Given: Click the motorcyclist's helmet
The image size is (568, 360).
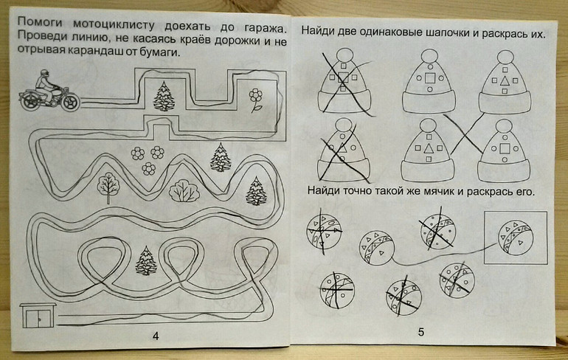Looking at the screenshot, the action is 44,74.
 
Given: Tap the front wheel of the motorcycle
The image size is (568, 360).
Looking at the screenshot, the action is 70,101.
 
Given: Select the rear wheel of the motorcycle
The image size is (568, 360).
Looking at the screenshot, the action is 30,101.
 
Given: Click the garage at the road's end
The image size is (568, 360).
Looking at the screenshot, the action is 38,316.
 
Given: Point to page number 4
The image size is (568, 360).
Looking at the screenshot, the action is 156,336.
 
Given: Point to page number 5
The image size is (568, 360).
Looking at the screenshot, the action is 420,332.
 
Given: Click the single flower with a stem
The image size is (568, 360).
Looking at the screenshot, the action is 256,100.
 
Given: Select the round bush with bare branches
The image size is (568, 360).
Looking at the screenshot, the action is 184,191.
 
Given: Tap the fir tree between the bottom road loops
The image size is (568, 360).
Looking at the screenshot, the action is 146,260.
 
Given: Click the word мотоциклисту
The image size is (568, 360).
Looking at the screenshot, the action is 114,24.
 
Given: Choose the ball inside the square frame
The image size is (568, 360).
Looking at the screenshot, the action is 516,238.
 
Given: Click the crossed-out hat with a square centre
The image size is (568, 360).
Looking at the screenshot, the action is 344,80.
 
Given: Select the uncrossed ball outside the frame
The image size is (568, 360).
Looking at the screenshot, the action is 377,248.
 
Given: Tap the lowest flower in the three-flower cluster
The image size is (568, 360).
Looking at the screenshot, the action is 148,169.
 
